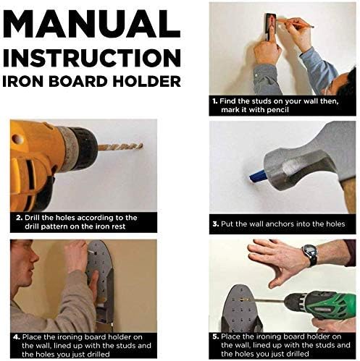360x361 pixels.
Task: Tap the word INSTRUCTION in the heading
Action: [92, 58]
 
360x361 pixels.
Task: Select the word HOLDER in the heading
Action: [147, 81]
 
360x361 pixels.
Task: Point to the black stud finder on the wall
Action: [269, 27]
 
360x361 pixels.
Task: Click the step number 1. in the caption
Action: [215, 101]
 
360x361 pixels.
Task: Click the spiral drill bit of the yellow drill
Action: [120, 147]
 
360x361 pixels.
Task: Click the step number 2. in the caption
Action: [20, 218]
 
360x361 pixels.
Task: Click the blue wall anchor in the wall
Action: [258, 176]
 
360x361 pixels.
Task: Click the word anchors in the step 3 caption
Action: [280, 224]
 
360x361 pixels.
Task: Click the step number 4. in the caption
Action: [17, 337]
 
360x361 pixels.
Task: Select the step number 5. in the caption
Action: [216, 336]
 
